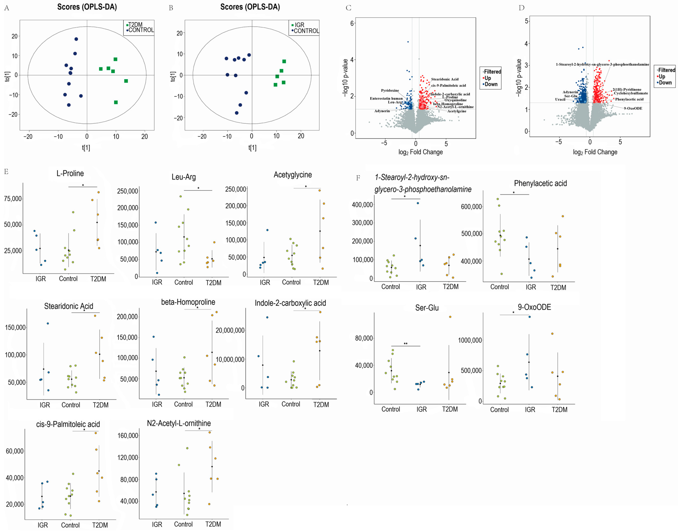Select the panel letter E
(6, 172)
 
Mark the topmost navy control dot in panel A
(76, 39)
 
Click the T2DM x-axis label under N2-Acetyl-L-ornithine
(213, 524)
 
